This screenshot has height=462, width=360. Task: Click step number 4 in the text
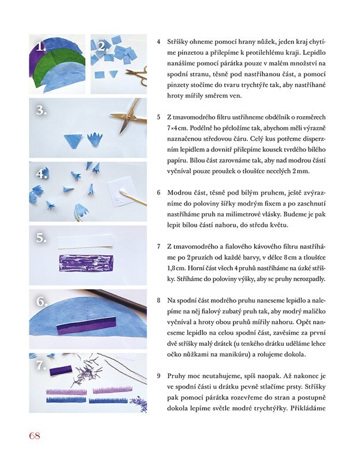click(158, 42)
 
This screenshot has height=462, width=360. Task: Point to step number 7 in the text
click(158, 246)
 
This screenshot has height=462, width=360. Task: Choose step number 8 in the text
click(158, 301)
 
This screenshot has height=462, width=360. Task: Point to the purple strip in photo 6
click(85, 327)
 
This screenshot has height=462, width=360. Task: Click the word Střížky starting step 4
click(179, 42)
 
